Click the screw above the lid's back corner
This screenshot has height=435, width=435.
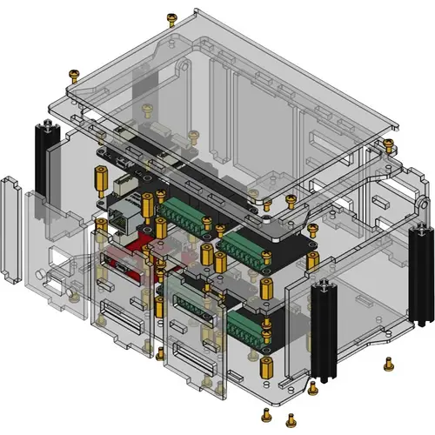click(171, 18)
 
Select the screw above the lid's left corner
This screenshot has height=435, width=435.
click(76, 74)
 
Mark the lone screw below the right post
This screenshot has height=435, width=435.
click(386, 363)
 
